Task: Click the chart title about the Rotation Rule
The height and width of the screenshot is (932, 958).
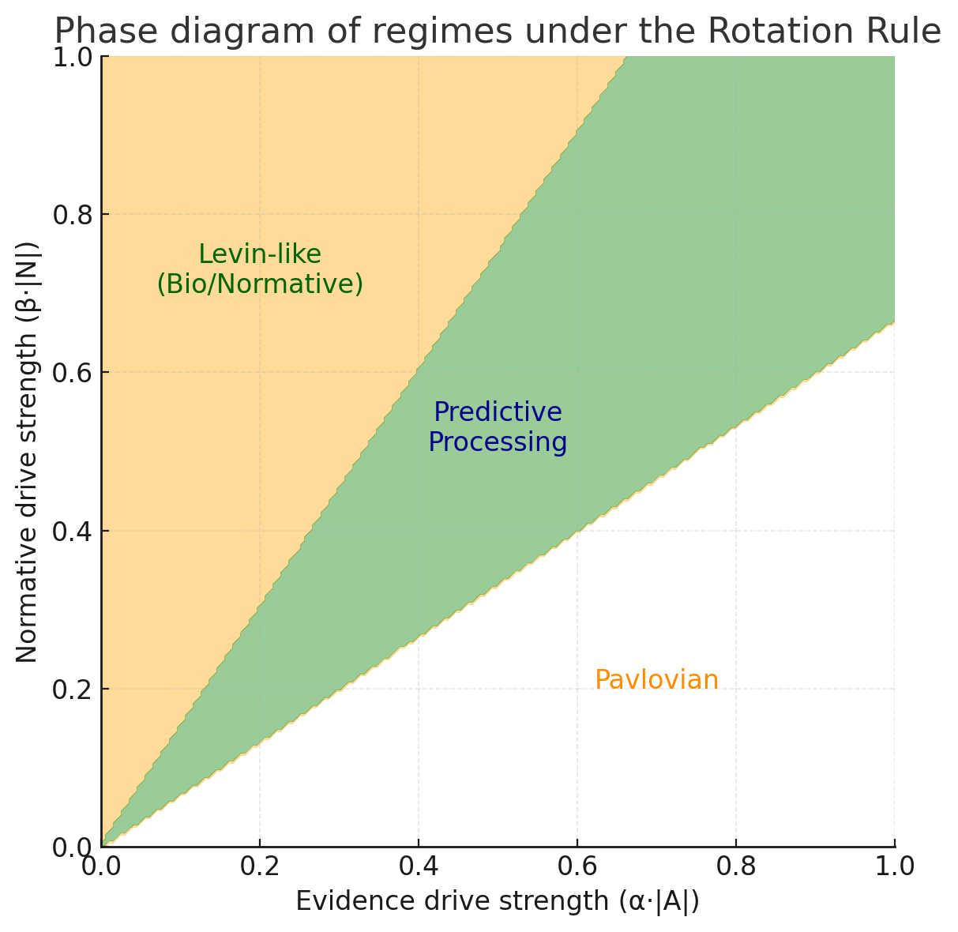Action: (x=498, y=32)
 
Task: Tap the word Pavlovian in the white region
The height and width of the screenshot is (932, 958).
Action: (x=656, y=680)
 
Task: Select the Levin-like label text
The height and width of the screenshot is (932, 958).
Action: (x=260, y=254)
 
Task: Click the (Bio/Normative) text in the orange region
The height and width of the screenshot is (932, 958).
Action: (x=260, y=284)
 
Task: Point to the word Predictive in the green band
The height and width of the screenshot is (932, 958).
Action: (x=498, y=412)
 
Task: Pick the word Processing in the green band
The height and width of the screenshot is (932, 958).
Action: (x=498, y=442)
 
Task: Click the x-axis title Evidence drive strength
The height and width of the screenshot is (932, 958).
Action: (x=498, y=901)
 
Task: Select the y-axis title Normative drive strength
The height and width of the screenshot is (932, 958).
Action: (x=28, y=452)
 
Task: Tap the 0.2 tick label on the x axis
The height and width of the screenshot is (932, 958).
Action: (x=260, y=866)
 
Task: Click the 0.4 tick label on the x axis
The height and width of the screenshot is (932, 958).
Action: (x=419, y=866)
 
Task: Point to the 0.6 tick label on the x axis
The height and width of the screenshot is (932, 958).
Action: (x=577, y=866)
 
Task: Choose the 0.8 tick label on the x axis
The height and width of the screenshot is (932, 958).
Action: (x=736, y=866)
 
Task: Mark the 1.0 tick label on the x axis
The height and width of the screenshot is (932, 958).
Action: (x=894, y=866)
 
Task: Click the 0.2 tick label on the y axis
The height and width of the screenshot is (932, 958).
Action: (x=70, y=689)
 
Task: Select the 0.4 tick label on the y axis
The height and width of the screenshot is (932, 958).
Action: (x=70, y=531)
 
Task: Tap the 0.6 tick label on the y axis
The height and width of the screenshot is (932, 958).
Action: (x=70, y=373)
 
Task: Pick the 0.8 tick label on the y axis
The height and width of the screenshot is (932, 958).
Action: (x=70, y=215)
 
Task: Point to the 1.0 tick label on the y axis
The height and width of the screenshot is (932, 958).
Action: (x=70, y=58)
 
